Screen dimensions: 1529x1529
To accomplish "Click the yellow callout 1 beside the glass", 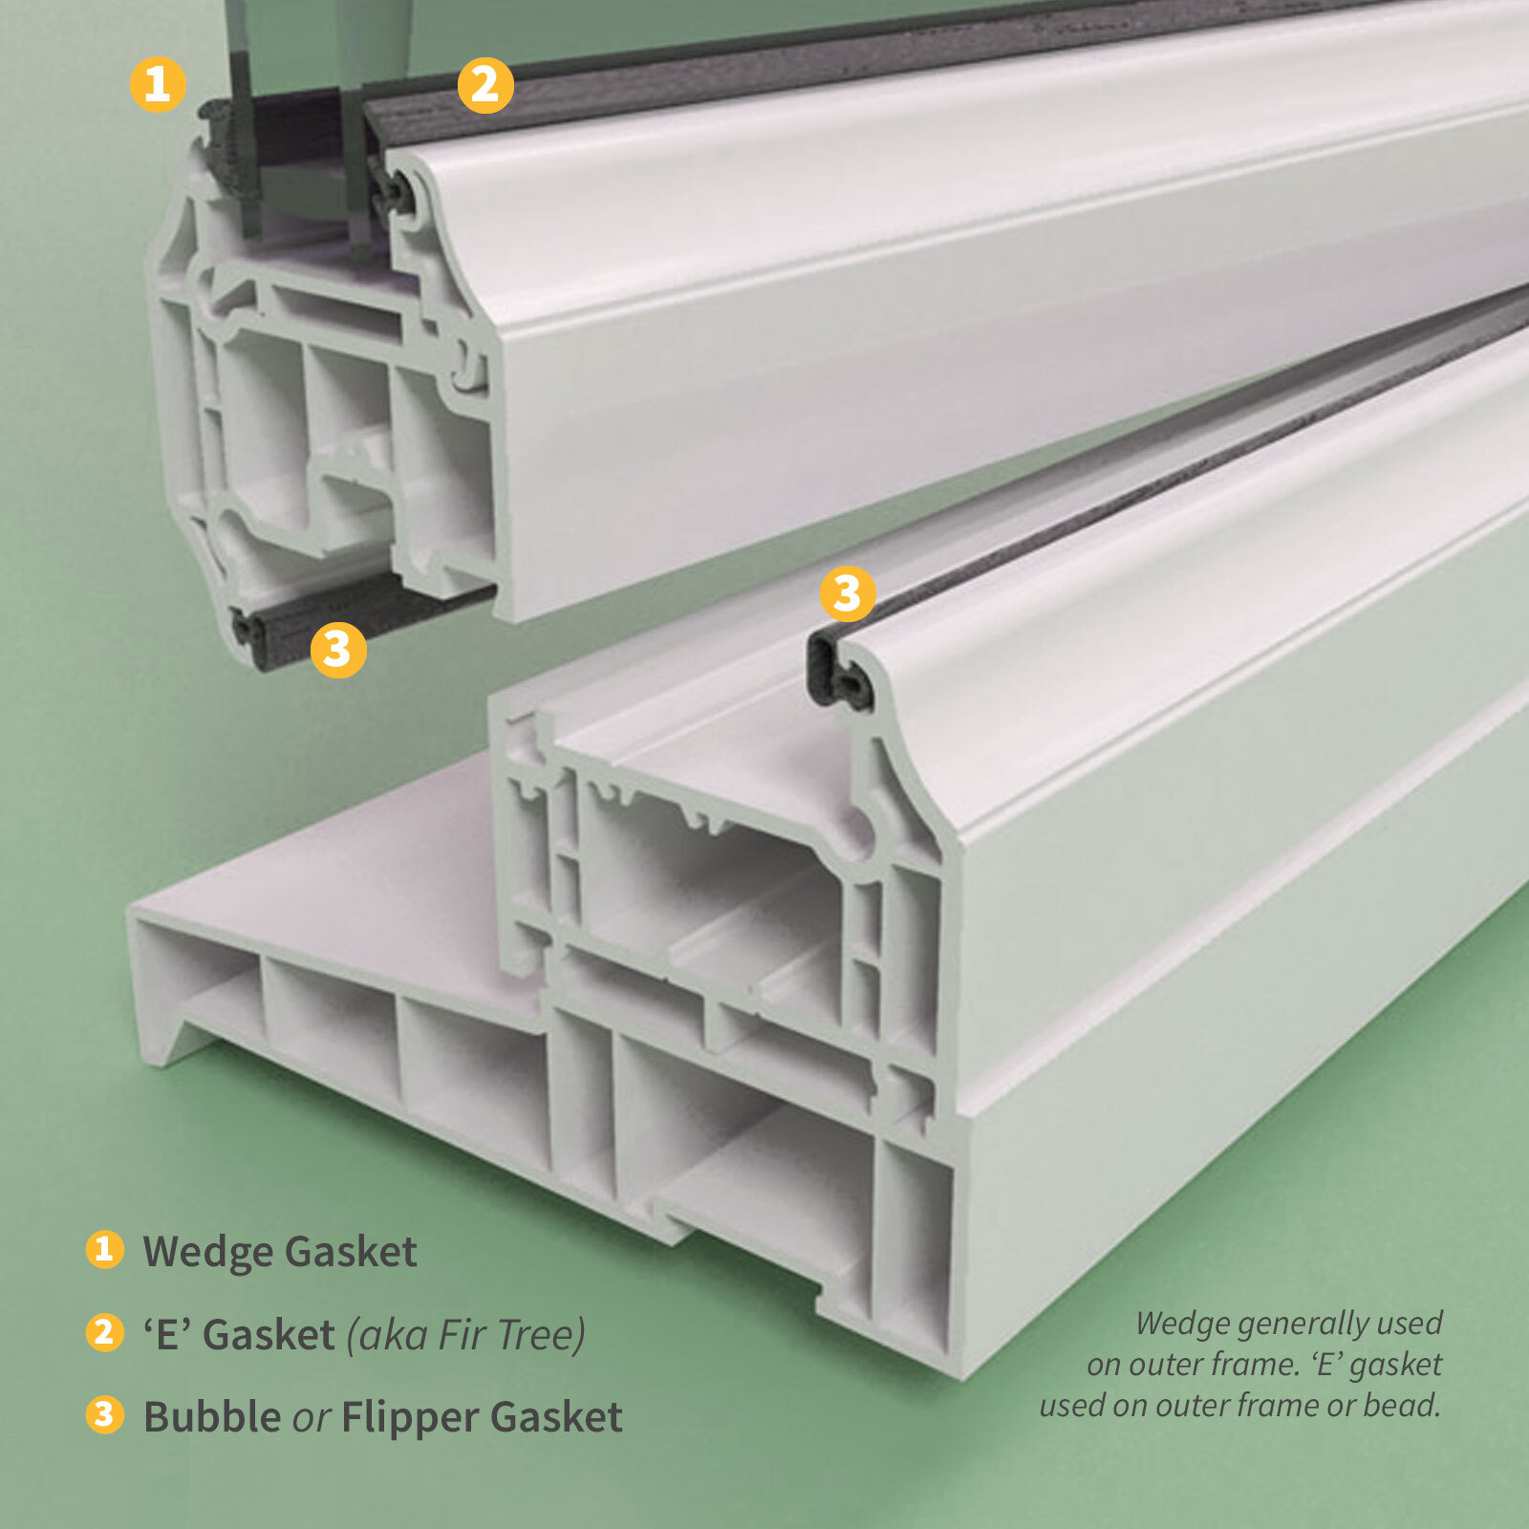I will pyautogui.click(x=158, y=84).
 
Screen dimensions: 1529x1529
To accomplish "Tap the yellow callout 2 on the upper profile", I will pyautogui.click(x=485, y=85).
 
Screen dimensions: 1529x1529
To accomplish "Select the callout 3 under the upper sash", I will pyautogui.click(x=338, y=650).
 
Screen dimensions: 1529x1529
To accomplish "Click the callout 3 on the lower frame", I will pyautogui.click(x=848, y=593).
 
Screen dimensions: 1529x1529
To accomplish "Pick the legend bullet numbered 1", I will pyautogui.click(x=104, y=1249).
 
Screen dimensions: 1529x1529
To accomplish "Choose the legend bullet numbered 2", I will pyautogui.click(x=104, y=1333).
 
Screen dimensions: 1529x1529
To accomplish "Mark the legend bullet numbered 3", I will pyautogui.click(x=104, y=1415).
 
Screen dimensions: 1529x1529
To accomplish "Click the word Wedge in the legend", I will pyautogui.click(x=207, y=1252).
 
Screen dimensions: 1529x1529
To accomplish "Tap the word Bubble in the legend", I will pyautogui.click(x=212, y=1417).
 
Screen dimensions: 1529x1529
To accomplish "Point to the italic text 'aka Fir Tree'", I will pyautogui.click(x=465, y=1335).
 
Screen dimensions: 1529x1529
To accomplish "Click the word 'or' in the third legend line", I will pyautogui.click(x=312, y=1419).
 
